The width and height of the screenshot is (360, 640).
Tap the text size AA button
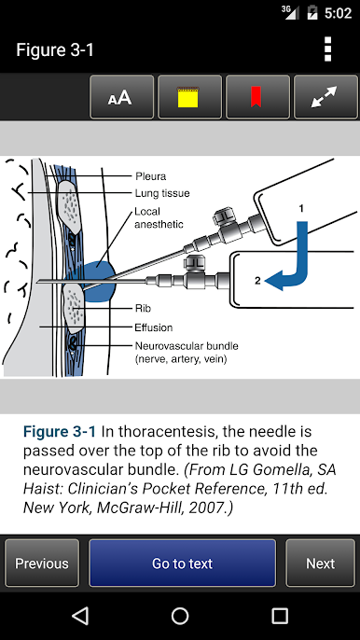point(121,97)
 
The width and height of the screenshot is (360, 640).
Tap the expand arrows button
point(325,97)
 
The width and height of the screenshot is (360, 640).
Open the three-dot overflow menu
point(327,49)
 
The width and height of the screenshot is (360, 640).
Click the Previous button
point(42,563)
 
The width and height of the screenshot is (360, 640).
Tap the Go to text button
point(183,563)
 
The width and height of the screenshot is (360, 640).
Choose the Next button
point(321,563)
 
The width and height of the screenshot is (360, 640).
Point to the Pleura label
point(150,176)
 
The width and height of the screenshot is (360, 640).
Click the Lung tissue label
point(162,193)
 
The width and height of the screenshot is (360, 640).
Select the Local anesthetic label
point(159,218)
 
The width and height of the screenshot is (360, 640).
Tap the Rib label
point(143,308)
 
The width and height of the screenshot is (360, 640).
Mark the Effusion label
point(154,327)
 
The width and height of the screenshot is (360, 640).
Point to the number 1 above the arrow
point(301,209)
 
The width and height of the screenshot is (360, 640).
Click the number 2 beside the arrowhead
point(257,281)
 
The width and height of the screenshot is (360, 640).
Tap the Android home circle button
point(180,616)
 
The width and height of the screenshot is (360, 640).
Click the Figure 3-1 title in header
point(55,49)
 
